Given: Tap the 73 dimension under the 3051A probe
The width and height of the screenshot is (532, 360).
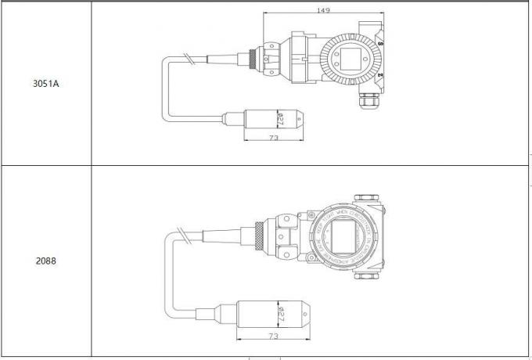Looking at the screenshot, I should [274, 138].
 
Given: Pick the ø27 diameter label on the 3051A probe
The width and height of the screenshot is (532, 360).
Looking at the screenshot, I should [280, 120].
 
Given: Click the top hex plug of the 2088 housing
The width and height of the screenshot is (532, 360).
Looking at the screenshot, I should [365, 200].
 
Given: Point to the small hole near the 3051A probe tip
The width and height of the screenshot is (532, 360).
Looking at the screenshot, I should [297, 120].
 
